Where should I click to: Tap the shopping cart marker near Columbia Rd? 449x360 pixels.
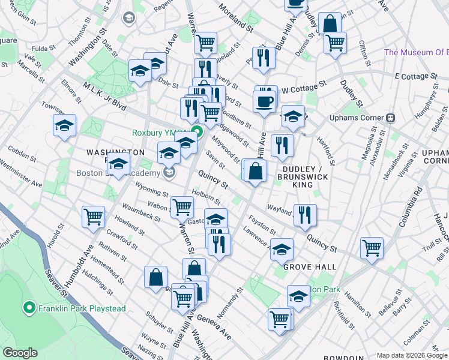(372, 247)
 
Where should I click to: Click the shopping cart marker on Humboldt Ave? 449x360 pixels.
(94, 217)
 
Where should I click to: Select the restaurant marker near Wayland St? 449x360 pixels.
(306, 214)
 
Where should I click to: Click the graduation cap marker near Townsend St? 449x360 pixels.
(64, 125)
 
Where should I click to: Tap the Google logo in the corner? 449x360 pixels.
(20, 353)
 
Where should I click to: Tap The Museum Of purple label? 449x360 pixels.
(415, 52)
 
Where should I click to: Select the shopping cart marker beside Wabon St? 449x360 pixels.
(182, 207)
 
